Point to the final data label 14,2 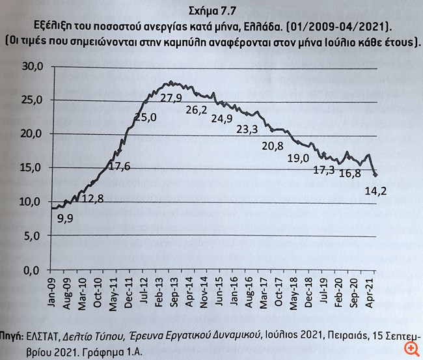pyautogui.click(x=376, y=192)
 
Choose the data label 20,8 pyautogui.click(x=272, y=145)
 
